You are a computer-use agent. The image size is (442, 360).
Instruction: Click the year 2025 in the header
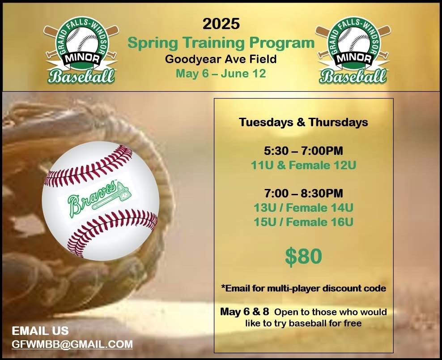point(221,24)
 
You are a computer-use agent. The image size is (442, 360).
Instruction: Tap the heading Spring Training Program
point(221,43)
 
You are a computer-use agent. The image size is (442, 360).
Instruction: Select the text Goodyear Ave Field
point(221,59)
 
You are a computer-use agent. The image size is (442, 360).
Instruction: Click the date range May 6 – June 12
point(221,73)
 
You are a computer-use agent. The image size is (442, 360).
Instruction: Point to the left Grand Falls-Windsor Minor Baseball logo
point(81,50)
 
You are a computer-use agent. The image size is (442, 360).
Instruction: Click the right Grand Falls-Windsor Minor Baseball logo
point(353,50)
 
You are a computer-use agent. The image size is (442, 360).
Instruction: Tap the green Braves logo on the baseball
point(99,199)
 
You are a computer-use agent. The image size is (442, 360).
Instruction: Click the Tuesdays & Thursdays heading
point(304,122)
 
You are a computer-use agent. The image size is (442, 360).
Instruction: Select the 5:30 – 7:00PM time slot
point(304,150)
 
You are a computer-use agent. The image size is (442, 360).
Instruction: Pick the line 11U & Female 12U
point(304,165)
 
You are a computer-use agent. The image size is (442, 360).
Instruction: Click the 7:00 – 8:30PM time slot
point(304,193)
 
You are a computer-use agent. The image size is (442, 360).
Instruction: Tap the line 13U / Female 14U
point(304,208)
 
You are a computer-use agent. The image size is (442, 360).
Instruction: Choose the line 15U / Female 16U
point(304,222)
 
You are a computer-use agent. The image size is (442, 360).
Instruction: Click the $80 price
point(303,257)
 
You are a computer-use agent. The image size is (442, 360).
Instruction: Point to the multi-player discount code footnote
point(304,288)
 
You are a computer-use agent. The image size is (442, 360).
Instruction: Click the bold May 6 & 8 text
point(244,312)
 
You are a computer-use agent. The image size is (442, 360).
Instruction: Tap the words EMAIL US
point(40,330)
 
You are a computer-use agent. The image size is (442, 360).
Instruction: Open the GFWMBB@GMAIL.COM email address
point(72,344)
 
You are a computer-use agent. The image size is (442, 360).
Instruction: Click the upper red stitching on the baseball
point(89,167)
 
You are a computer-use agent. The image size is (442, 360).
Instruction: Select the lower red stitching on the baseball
point(112,232)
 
